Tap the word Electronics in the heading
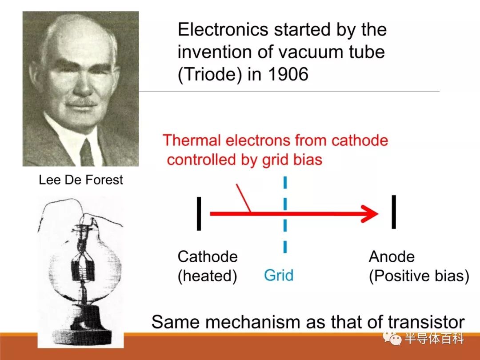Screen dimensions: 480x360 point(223,29)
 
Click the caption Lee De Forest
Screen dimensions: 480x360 point(81,180)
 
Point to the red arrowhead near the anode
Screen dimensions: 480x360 point(370,214)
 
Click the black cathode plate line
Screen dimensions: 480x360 point(199,213)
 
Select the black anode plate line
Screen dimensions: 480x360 point(394,212)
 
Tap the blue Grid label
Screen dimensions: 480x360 point(279,275)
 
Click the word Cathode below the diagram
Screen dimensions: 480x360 point(208,256)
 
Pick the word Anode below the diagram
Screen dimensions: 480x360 point(392,256)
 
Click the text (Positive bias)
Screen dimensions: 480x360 point(419,276)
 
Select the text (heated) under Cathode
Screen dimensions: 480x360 point(207,276)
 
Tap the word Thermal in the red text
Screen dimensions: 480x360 point(192,140)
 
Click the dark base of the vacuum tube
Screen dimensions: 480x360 point(81,331)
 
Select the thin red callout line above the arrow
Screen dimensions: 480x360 point(244,198)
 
